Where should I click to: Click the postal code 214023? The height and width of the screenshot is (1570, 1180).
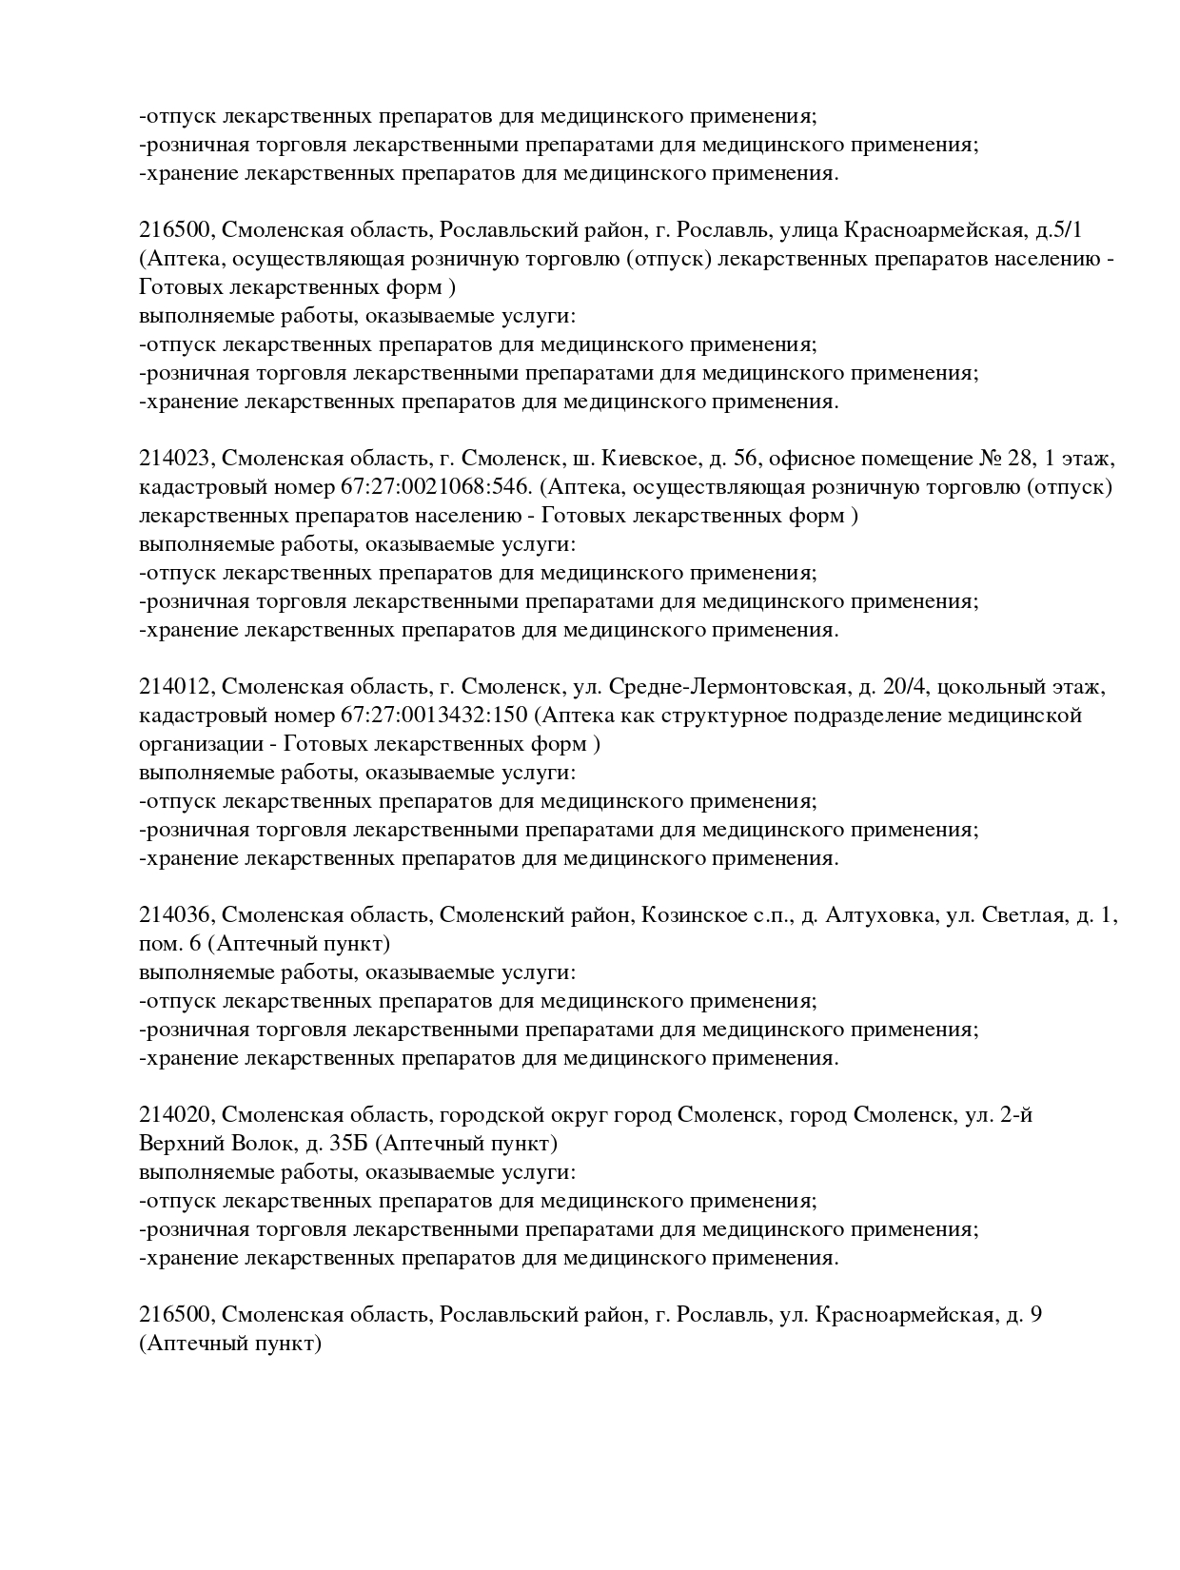(x=177, y=460)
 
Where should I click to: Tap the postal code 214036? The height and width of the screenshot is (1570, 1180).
(x=177, y=916)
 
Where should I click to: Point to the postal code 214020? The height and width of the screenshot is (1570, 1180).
(x=177, y=1115)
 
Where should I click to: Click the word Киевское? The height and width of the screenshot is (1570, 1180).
(x=644, y=460)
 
